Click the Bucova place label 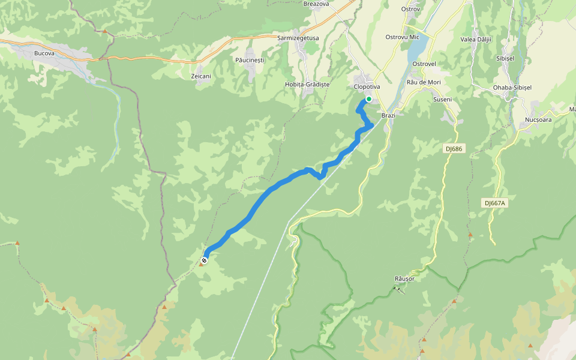point(45,53)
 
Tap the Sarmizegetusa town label point(298,38)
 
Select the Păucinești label point(250,60)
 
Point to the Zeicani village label point(201,76)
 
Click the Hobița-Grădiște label point(307,85)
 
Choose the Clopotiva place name point(367,86)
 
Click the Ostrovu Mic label point(402,37)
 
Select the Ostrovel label point(425,63)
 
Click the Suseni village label point(442,99)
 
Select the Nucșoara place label point(538,120)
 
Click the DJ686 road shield point(455,148)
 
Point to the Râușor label point(404,278)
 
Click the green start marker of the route point(369,99)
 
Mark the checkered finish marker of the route point(205,260)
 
